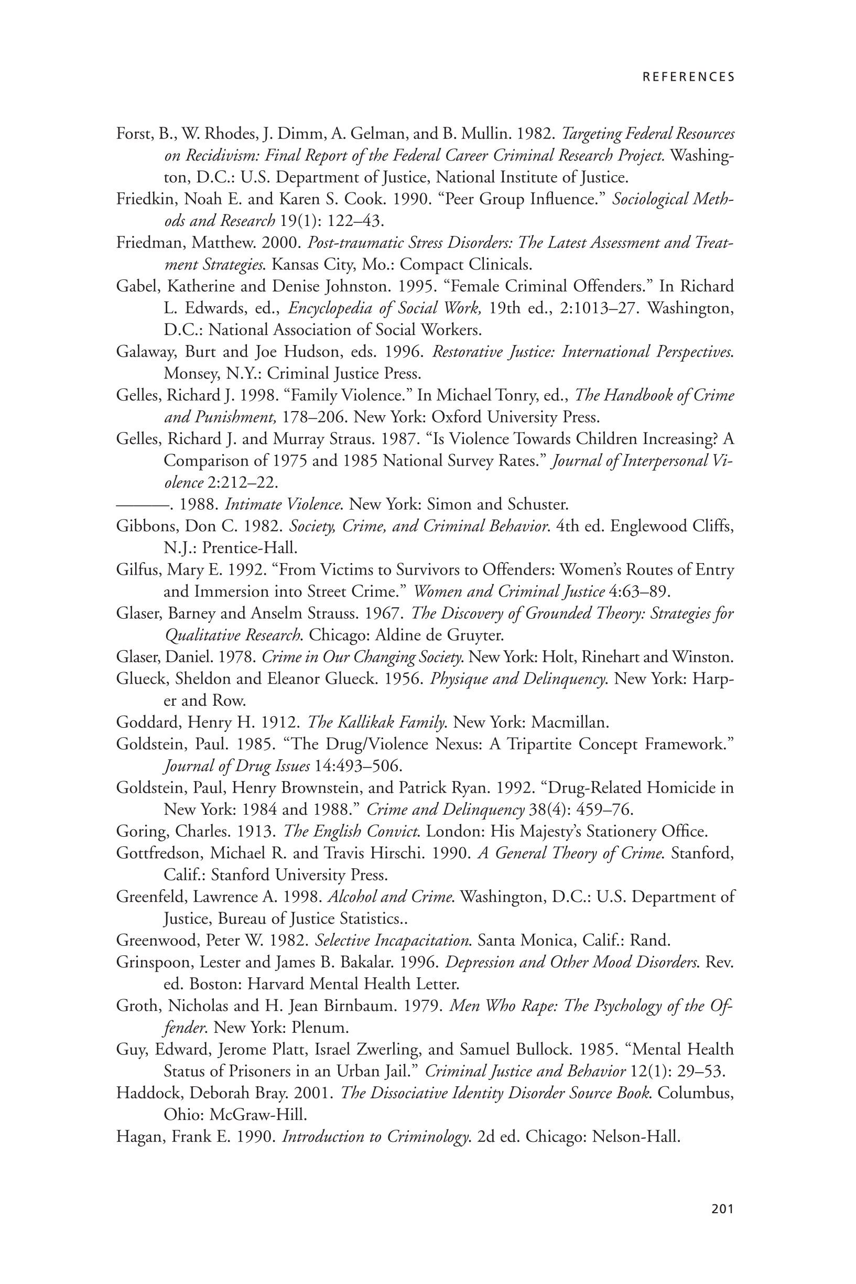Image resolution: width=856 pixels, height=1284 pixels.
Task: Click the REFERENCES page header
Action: [688, 77]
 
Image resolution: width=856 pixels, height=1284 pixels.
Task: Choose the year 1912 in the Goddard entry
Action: [280, 723]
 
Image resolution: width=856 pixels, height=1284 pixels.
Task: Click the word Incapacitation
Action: [417, 941]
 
